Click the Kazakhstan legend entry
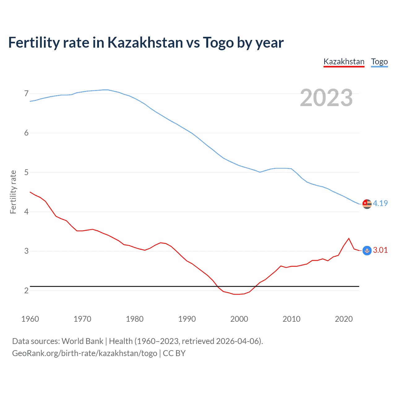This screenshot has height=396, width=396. [344, 62]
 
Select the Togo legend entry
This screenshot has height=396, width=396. [379, 62]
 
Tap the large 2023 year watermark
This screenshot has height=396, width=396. [326, 98]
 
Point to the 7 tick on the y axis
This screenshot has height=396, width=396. [26, 93]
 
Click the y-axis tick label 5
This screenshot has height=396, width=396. [26, 172]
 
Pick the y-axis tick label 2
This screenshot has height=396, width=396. [26, 291]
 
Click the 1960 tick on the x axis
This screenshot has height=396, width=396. [30, 319]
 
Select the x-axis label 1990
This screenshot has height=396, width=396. [187, 319]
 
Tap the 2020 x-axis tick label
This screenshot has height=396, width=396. [344, 319]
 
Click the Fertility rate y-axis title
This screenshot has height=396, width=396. [13, 192]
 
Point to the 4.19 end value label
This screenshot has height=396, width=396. [380, 203]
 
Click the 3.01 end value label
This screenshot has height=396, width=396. [380, 250]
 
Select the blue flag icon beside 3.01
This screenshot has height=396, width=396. [367, 251]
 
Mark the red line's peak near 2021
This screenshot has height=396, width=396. [349, 238]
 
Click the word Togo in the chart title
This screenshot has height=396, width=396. [218, 42]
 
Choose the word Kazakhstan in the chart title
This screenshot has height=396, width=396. [145, 42]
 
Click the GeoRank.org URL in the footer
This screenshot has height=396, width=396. [84, 353]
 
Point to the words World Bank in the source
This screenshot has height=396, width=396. [82, 341]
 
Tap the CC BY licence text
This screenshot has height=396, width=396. [174, 353]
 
